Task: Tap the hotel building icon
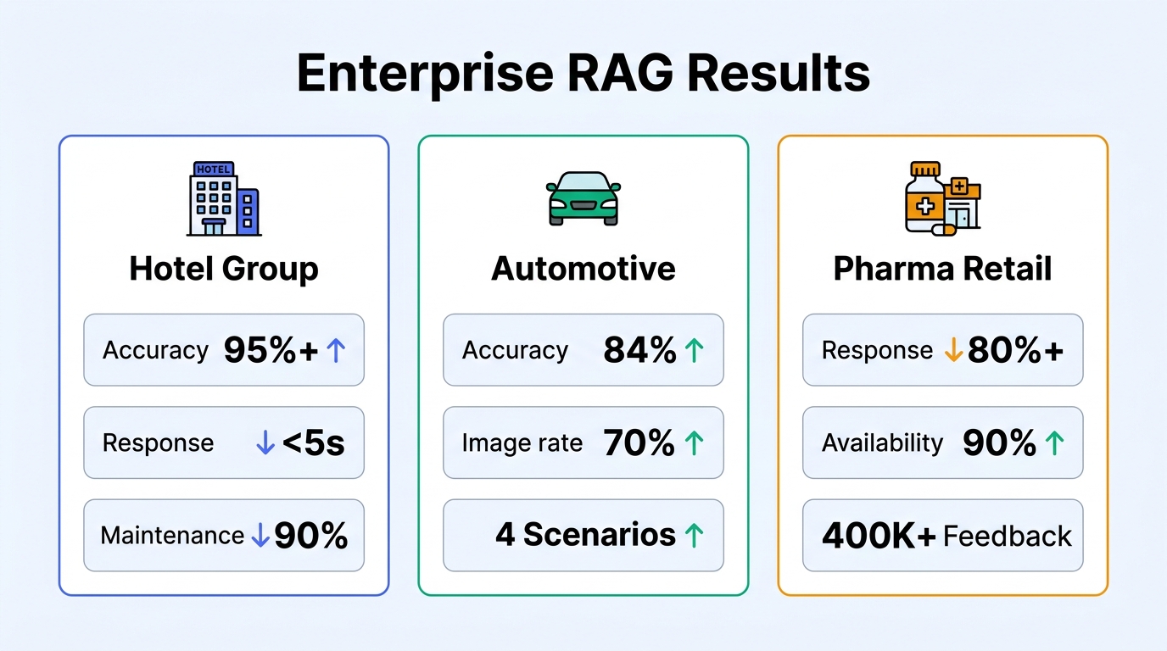click(x=223, y=198)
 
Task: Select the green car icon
click(x=583, y=198)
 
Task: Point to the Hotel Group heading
click(x=224, y=270)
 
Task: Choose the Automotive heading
click(x=583, y=270)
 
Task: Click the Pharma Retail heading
click(x=942, y=270)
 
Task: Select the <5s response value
click(x=313, y=442)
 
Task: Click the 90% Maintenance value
click(x=310, y=535)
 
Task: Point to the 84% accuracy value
click(x=639, y=350)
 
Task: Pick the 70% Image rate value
click(x=639, y=442)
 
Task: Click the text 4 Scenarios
click(x=585, y=535)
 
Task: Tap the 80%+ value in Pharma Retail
click(x=1015, y=350)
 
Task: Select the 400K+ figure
click(x=879, y=536)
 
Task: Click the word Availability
click(x=882, y=442)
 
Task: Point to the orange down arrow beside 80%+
click(x=953, y=350)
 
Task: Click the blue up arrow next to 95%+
click(x=336, y=350)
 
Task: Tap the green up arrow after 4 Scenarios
click(x=694, y=535)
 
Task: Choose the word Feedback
click(x=1008, y=536)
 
